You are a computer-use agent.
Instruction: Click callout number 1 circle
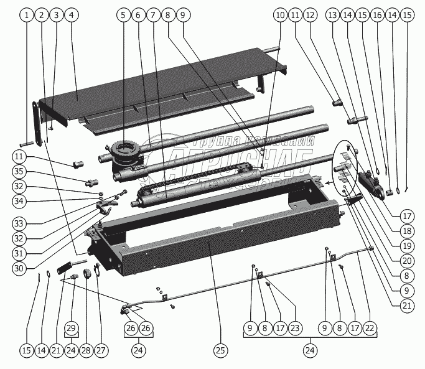point(26,14)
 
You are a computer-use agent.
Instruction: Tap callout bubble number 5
point(122,14)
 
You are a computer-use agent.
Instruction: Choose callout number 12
point(310,14)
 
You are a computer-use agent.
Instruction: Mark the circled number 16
point(377,14)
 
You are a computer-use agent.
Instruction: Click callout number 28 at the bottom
point(86,350)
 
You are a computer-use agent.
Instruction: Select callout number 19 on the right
point(407,245)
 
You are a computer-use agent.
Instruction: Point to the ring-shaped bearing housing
point(124,151)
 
